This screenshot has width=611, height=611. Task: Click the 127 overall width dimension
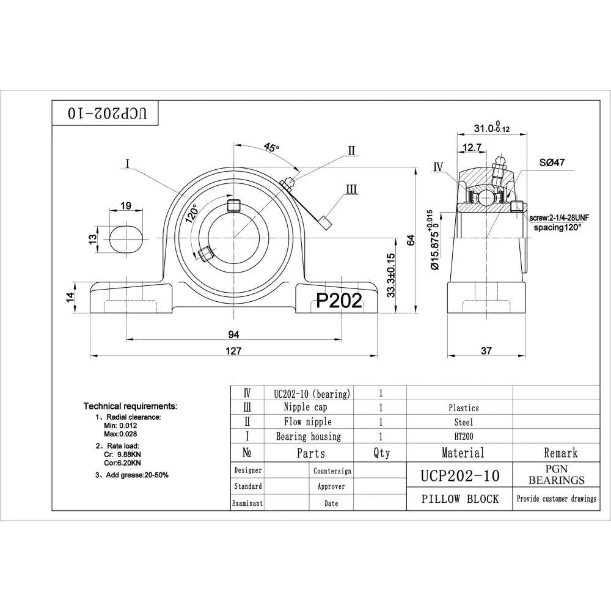pos(234,351)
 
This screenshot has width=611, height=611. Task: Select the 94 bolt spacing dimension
pos(234,334)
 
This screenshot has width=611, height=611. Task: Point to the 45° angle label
pos(271,147)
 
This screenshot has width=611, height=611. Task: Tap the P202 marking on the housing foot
pos(339,299)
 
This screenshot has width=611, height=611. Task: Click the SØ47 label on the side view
pos(551,164)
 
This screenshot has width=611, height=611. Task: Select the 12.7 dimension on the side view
pos(472,147)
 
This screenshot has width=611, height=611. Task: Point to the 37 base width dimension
pos(486,351)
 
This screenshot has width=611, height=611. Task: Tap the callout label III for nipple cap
pos(351,189)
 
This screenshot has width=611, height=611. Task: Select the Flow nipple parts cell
pos(308,422)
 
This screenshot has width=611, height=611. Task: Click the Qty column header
pos(381,453)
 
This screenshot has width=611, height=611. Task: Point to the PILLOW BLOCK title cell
pos(459,499)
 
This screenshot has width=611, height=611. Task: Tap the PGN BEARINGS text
pos(556,475)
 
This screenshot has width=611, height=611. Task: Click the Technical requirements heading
pos(130,406)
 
